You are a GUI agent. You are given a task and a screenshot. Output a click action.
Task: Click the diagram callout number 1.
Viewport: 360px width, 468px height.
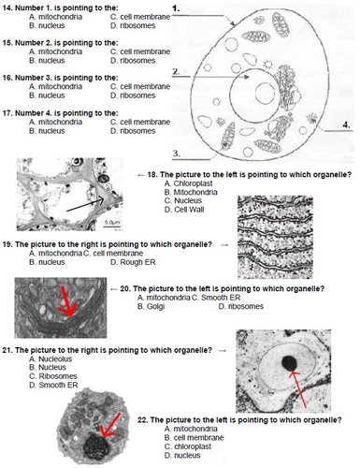click(176, 8)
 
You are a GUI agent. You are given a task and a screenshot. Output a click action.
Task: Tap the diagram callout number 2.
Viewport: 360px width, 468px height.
click(176, 71)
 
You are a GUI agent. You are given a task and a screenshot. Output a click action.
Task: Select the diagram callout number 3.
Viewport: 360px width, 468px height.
click(177, 154)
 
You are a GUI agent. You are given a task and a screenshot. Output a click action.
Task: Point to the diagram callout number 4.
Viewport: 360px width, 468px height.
click(347, 125)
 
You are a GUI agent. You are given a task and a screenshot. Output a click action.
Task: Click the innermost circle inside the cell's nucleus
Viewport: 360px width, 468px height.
click(265, 93)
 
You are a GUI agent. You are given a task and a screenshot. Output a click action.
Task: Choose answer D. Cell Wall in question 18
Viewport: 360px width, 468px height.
click(184, 210)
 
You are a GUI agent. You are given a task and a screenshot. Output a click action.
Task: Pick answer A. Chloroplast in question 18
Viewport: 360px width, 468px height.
click(189, 183)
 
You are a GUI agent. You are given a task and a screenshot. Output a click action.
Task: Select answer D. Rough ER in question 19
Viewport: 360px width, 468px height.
click(133, 262)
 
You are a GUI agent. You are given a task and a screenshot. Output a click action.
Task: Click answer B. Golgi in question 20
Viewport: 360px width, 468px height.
click(151, 306)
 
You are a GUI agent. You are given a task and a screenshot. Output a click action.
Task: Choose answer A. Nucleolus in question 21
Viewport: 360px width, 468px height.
click(50, 358)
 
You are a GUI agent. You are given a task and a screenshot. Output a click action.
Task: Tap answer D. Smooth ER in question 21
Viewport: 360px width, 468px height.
click(53, 385)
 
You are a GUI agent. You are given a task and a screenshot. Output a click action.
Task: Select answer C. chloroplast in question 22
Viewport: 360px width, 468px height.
click(188, 446)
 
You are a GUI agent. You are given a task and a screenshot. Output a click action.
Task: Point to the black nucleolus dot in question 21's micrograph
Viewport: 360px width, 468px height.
click(290, 363)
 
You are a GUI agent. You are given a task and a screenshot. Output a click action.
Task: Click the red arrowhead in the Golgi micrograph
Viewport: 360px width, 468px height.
click(69, 309)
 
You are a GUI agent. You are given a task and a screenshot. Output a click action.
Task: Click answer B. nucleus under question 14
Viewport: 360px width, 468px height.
click(47, 25)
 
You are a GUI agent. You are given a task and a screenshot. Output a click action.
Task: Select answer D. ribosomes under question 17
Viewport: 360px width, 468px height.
click(133, 131)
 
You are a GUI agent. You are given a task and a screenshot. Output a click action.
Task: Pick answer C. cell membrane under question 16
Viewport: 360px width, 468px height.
click(140, 86)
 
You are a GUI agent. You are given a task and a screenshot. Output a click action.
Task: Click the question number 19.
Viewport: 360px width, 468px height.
click(7, 244)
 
